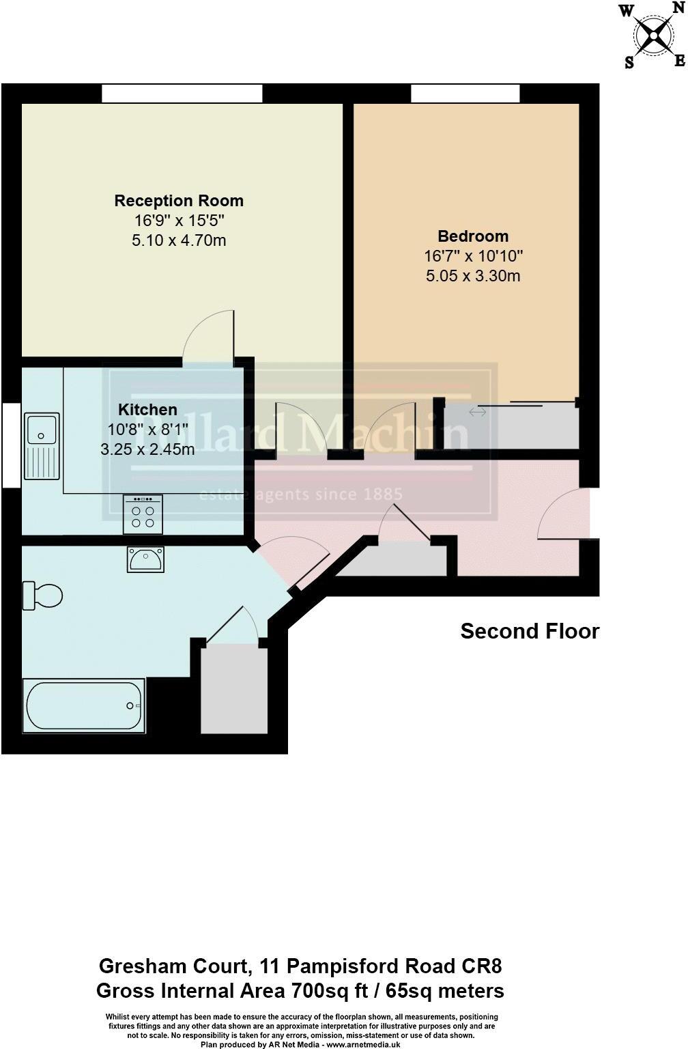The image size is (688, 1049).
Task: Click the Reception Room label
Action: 179,201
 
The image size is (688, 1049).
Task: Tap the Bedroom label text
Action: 473,236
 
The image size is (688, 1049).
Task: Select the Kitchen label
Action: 147,410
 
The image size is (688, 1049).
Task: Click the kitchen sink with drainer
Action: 42,446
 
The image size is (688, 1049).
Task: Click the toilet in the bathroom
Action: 42,595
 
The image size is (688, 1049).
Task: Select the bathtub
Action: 83,705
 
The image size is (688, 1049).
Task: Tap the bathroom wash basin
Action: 145,559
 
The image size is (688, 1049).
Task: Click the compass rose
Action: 653,36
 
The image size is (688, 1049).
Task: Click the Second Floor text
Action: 530,631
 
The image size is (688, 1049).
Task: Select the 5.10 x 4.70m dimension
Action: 179,240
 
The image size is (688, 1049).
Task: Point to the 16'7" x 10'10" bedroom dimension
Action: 473,256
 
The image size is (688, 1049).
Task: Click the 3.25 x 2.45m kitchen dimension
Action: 147,449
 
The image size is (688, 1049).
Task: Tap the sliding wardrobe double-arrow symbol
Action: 478,412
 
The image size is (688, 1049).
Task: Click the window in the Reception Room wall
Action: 182,94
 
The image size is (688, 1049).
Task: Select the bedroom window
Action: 465,94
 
